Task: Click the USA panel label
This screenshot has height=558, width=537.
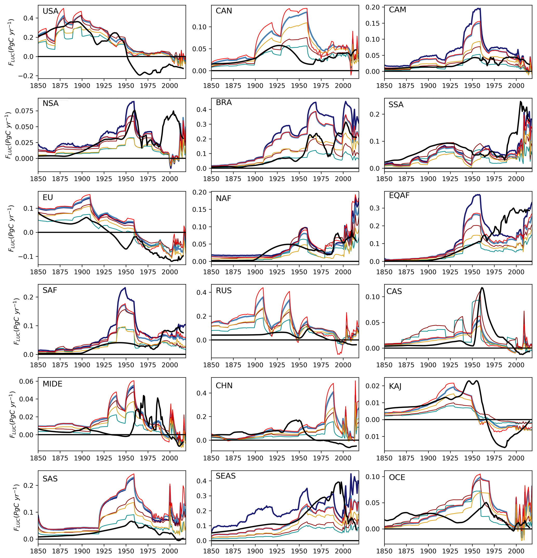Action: [x=50, y=11]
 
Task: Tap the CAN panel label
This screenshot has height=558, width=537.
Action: [x=224, y=11]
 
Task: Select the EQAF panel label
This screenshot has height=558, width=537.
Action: [x=399, y=195]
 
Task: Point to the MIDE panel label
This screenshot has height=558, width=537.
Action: [x=52, y=384]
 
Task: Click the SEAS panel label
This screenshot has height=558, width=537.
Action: [x=226, y=476]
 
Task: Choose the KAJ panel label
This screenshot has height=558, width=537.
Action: [x=395, y=386]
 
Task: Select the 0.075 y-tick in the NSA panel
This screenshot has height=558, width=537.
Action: [x=24, y=111]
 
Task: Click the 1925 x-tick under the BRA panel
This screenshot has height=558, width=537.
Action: [x=277, y=179]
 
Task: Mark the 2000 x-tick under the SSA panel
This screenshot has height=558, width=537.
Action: [x=516, y=179]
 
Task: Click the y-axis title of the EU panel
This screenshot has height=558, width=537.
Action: [x=11, y=228]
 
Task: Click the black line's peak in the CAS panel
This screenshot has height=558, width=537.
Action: [x=482, y=288]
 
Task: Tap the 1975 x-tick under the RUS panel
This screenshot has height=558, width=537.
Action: [x=321, y=365]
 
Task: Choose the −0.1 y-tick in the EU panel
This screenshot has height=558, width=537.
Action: [x=26, y=257]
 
